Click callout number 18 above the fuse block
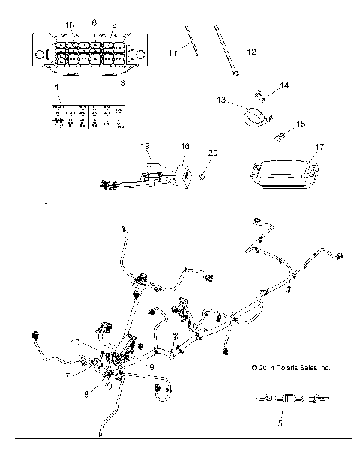click(x=70, y=25)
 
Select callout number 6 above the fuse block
click(x=94, y=23)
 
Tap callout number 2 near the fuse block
click(x=115, y=25)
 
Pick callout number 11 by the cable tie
click(x=171, y=54)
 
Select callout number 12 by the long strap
click(x=250, y=52)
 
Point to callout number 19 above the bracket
click(x=145, y=146)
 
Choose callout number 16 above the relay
click(x=185, y=148)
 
